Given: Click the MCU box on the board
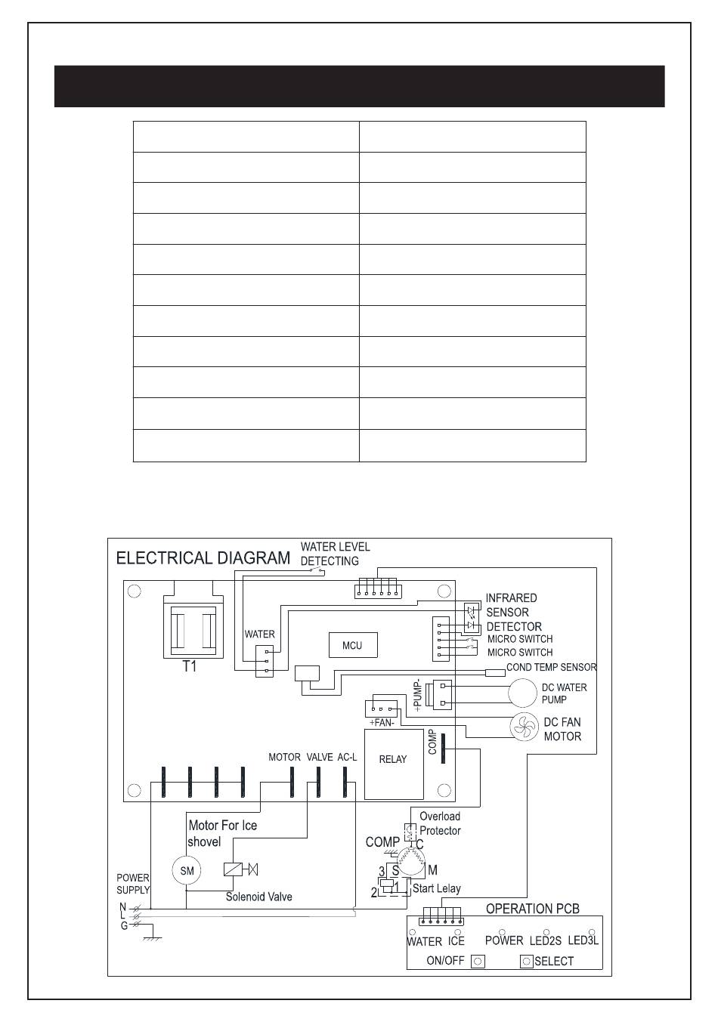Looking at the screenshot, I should click(x=352, y=645).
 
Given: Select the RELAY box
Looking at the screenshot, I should click(x=393, y=764).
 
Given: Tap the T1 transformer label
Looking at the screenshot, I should click(x=190, y=667).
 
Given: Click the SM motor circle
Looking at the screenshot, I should click(x=187, y=871).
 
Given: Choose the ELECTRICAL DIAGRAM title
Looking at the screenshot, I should click(x=203, y=558).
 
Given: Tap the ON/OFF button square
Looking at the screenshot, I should click(x=478, y=962).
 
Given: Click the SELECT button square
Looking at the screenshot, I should click(x=527, y=962).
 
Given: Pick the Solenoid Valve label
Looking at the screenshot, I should click(x=259, y=897).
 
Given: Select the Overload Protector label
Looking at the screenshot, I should click(x=440, y=823).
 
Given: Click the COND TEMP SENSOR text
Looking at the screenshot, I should click(x=551, y=668).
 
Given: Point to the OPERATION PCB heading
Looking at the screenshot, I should click(x=532, y=909).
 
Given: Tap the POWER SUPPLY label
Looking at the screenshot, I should click(x=132, y=884).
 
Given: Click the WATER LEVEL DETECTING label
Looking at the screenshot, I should click(x=335, y=554).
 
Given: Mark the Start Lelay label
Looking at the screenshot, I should click(x=436, y=889).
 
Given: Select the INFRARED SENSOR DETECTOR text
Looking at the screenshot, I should click(x=513, y=612).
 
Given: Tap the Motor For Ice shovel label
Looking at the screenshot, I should click(x=222, y=833).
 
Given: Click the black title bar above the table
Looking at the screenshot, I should click(x=359, y=86).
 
